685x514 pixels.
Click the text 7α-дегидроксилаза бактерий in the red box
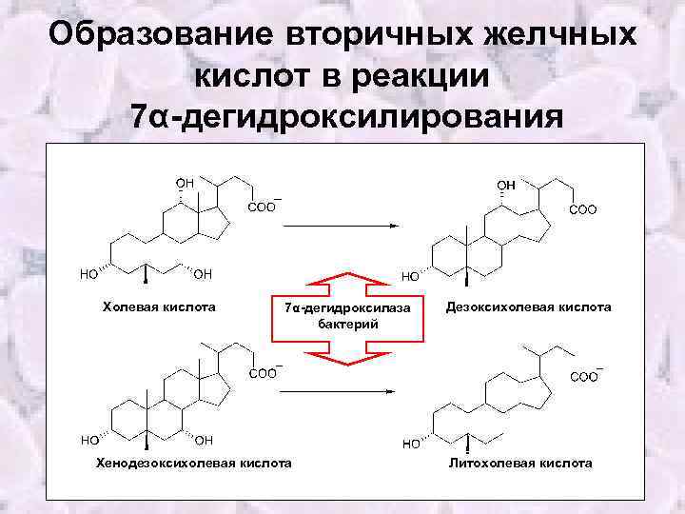[346, 315]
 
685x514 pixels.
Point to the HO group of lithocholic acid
[413, 444]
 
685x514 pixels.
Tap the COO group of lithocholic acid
[584, 377]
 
